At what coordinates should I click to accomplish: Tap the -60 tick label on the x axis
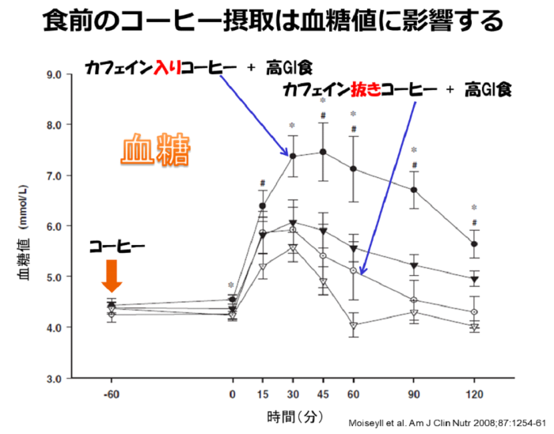click(x=112, y=393)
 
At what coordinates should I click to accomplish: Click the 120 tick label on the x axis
click(x=474, y=393)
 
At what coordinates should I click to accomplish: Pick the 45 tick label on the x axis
click(x=323, y=393)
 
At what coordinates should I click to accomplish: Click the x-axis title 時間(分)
click(x=293, y=414)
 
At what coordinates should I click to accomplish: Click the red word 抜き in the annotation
click(x=364, y=91)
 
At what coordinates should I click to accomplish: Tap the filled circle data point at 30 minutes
click(x=293, y=157)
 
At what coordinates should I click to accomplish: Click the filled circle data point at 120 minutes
click(x=474, y=244)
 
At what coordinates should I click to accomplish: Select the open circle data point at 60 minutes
click(x=353, y=270)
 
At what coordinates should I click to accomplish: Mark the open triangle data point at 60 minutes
click(x=353, y=325)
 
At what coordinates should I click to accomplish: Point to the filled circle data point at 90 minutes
click(x=413, y=190)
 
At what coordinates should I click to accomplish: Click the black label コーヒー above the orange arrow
click(x=116, y=247)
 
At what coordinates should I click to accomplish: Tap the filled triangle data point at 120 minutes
click(x=474, y=279)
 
